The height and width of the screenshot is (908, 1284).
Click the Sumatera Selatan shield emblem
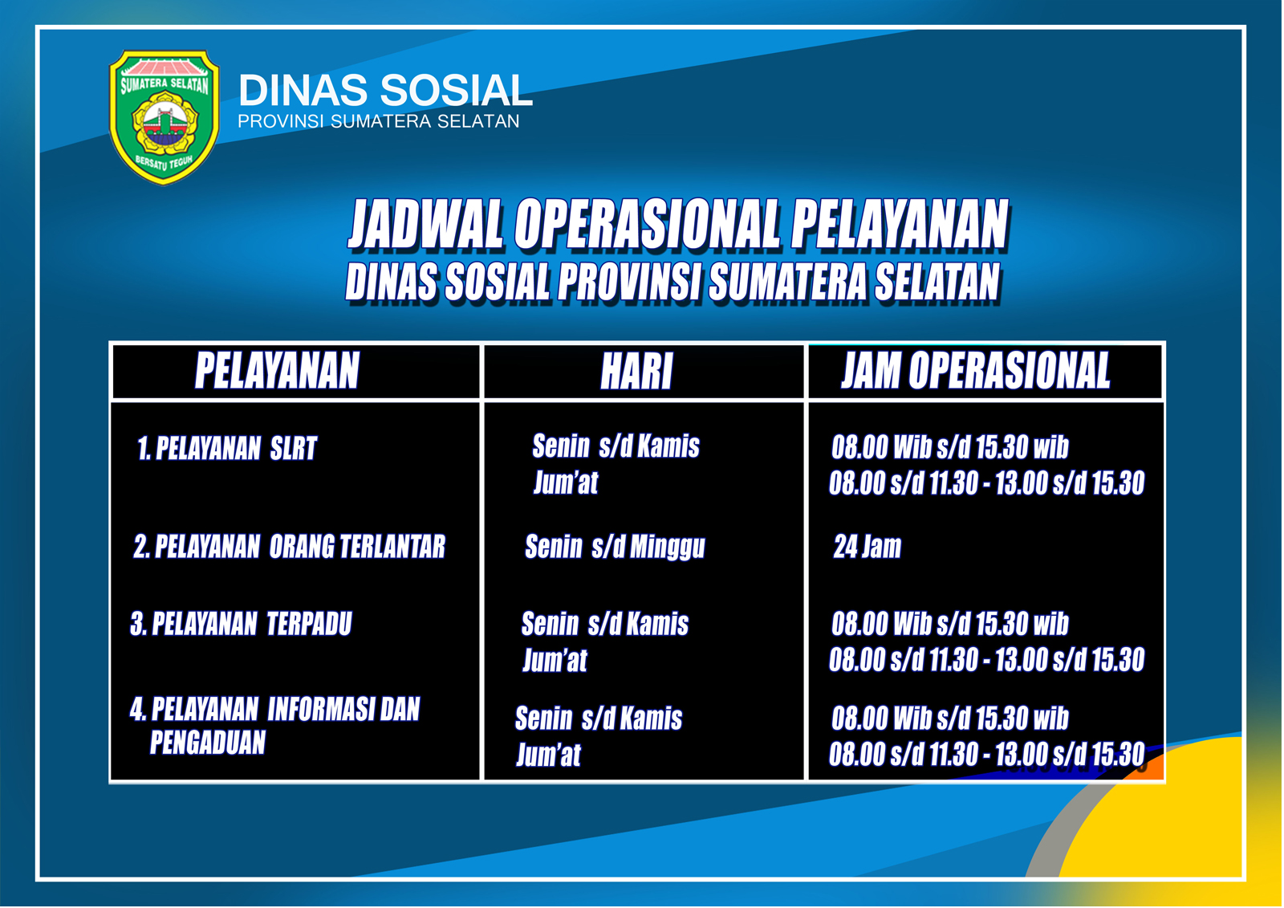(164, 117)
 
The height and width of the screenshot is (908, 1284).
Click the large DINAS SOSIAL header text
(385, 90)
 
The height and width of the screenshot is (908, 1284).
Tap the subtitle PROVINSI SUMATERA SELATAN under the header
(378, 121)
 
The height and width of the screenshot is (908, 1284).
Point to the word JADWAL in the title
(425, 224)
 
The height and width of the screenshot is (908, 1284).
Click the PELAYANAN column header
(277, 371)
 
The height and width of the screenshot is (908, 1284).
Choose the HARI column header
(636, 371)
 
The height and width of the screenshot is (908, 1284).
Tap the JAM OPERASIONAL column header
(976, 371)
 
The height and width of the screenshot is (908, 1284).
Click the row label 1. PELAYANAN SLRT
(227, 449)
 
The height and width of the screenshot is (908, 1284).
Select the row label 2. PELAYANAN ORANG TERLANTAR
(290, 547)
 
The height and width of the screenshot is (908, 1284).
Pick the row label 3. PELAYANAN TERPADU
(241, 624)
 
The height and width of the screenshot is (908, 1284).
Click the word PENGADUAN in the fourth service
(208, 743)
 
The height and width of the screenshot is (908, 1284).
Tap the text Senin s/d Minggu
(615, 547)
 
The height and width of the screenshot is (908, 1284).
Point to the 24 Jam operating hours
(868, 547)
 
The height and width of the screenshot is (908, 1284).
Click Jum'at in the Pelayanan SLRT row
(566, 483)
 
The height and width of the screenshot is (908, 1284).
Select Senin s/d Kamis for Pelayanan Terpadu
(605, 624)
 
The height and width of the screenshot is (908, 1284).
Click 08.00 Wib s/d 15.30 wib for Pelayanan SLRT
(950, 447)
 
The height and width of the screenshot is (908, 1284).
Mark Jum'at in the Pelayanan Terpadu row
(555, 660)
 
